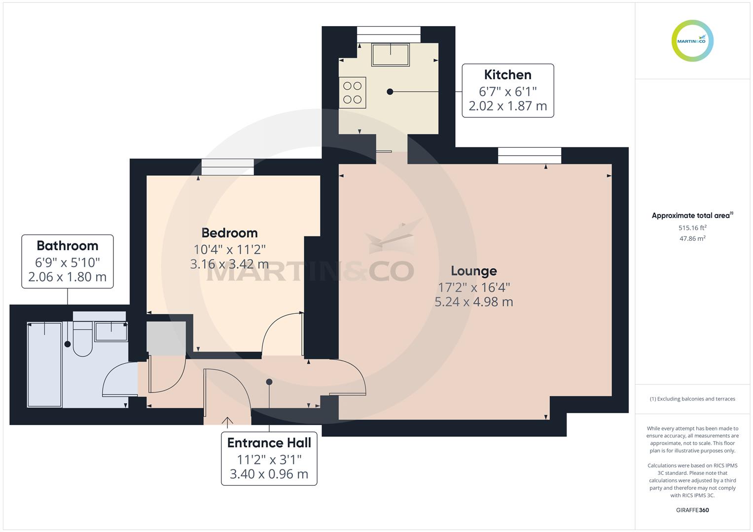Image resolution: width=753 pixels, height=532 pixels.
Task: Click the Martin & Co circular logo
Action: coord(692,41)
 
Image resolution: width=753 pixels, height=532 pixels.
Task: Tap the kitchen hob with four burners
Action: coord(353,93)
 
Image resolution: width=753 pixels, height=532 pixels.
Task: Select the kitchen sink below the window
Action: coord(391,55)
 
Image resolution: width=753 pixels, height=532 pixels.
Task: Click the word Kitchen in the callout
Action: coord(507,75)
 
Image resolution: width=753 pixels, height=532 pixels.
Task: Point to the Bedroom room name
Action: coord(229,233)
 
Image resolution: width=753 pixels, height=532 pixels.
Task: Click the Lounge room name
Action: coord(473,271)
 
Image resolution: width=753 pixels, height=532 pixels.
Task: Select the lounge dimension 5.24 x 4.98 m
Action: coord(473,302)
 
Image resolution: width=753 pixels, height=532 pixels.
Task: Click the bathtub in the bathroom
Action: coord(44,365)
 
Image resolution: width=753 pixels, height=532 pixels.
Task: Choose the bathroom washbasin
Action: coord(111,331)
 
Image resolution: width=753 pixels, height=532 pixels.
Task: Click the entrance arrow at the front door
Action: coord(227,421)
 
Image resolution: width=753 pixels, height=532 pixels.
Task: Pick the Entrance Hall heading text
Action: coord(269,443)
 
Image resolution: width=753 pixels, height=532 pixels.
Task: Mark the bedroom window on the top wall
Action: coord(227,167)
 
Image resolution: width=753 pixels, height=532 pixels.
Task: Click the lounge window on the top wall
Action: coord(530,156)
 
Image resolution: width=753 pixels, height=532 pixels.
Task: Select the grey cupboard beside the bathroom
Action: coord(166,338)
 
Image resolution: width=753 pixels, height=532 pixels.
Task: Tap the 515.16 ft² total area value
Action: coord(692,228)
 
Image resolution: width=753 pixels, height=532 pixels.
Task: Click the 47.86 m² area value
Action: coord(692,238)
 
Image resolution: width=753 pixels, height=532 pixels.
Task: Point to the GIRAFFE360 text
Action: coord(692,510)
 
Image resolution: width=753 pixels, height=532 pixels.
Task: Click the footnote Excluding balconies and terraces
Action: coord(692,399)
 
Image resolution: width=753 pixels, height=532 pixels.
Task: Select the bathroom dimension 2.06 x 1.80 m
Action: coord(68,277)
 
